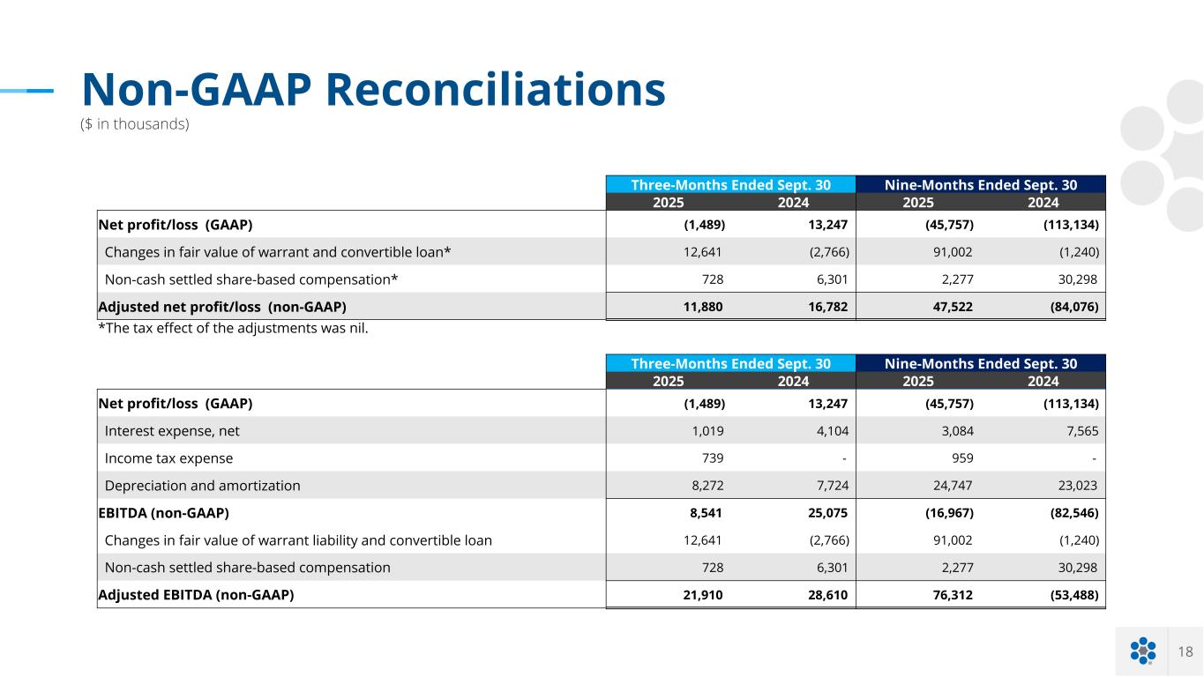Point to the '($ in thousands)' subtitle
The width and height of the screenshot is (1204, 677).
point(135,124)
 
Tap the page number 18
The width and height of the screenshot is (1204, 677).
point(1185,651)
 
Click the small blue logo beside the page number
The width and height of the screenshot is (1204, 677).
point(1142,651)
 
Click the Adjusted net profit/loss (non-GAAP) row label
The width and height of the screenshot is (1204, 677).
point(222,307)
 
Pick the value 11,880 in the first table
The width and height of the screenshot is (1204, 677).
point(704,307)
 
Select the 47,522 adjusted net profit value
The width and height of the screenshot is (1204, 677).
point(954,307)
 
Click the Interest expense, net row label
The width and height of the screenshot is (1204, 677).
point(172,431)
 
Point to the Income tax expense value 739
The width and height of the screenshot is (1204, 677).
point(711,458)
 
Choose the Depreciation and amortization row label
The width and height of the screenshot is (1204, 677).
point(202,486)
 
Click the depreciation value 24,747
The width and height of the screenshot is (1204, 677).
point(954,486)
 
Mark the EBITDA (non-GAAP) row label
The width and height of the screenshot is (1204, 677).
point(164,513)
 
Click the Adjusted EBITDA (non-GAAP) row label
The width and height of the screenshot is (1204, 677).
point(196,595)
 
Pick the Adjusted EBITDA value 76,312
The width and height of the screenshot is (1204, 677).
point(954,595)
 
